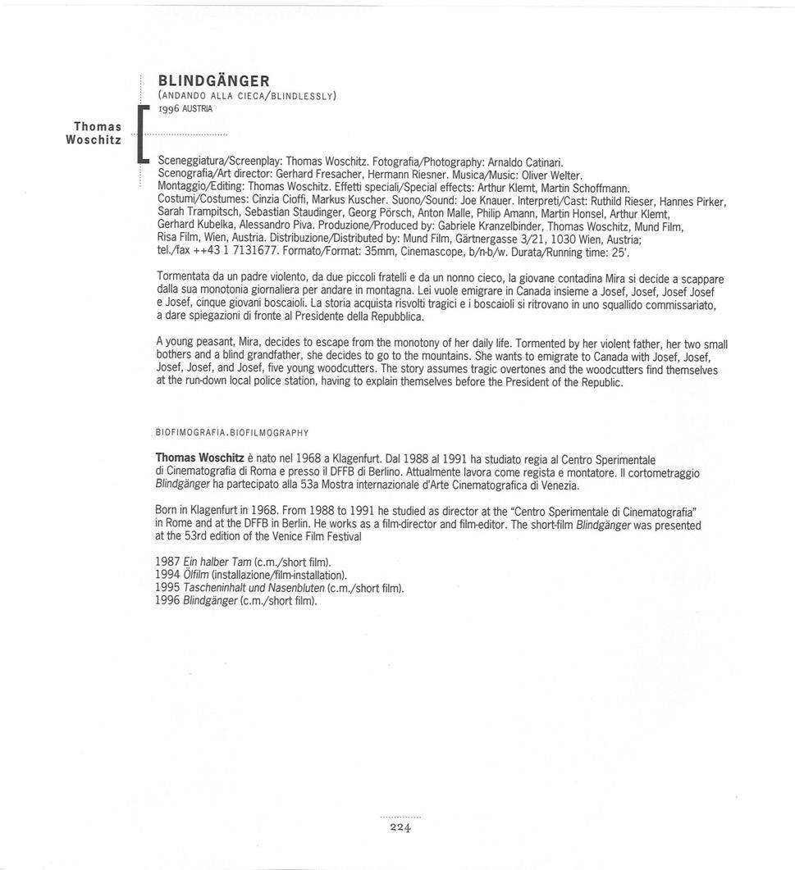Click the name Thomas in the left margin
tap(98, 126)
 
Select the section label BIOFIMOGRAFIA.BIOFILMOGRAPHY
tap(231, 431)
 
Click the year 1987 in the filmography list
tap(167, 562)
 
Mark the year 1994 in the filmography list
tap(167, 575)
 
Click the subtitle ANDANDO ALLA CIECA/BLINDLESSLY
tap(247, 95)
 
